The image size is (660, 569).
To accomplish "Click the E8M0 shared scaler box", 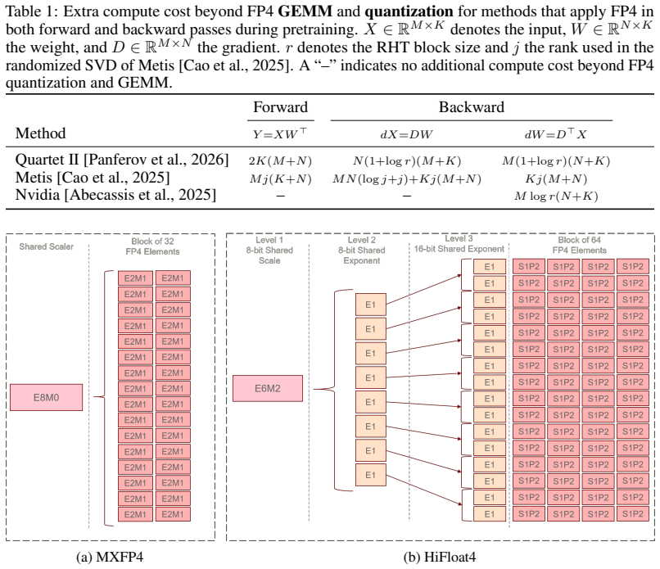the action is (47, 397).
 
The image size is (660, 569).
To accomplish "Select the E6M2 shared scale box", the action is (268, 388).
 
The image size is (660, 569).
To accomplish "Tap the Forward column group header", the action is (280, 107).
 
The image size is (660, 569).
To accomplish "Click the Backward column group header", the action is (472, 107).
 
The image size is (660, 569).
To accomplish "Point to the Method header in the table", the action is (40, 133).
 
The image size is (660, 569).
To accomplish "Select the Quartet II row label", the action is (122, 160).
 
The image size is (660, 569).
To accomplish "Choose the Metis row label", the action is (93, 177).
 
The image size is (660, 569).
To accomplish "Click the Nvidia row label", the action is (115, 195).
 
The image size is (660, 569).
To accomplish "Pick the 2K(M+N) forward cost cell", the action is (280, 160).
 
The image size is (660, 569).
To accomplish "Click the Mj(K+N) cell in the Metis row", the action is (280, 178).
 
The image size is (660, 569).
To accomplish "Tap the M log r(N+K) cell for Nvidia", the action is (556, 196).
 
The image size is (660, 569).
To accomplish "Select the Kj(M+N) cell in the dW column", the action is (556, 178).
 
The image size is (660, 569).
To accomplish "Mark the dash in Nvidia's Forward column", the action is (280, 196).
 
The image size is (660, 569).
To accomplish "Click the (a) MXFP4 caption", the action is (110, 557).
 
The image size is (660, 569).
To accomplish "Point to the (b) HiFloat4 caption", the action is (440, 557).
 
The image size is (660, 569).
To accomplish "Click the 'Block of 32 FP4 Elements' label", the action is (152, 246).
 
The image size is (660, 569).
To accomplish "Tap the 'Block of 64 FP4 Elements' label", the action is (579, 245).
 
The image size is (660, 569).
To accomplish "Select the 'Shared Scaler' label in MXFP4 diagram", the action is (47, 246).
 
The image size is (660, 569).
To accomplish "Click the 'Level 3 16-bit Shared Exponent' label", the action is (459, 244).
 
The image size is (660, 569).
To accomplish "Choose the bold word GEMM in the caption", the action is (305, 11).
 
